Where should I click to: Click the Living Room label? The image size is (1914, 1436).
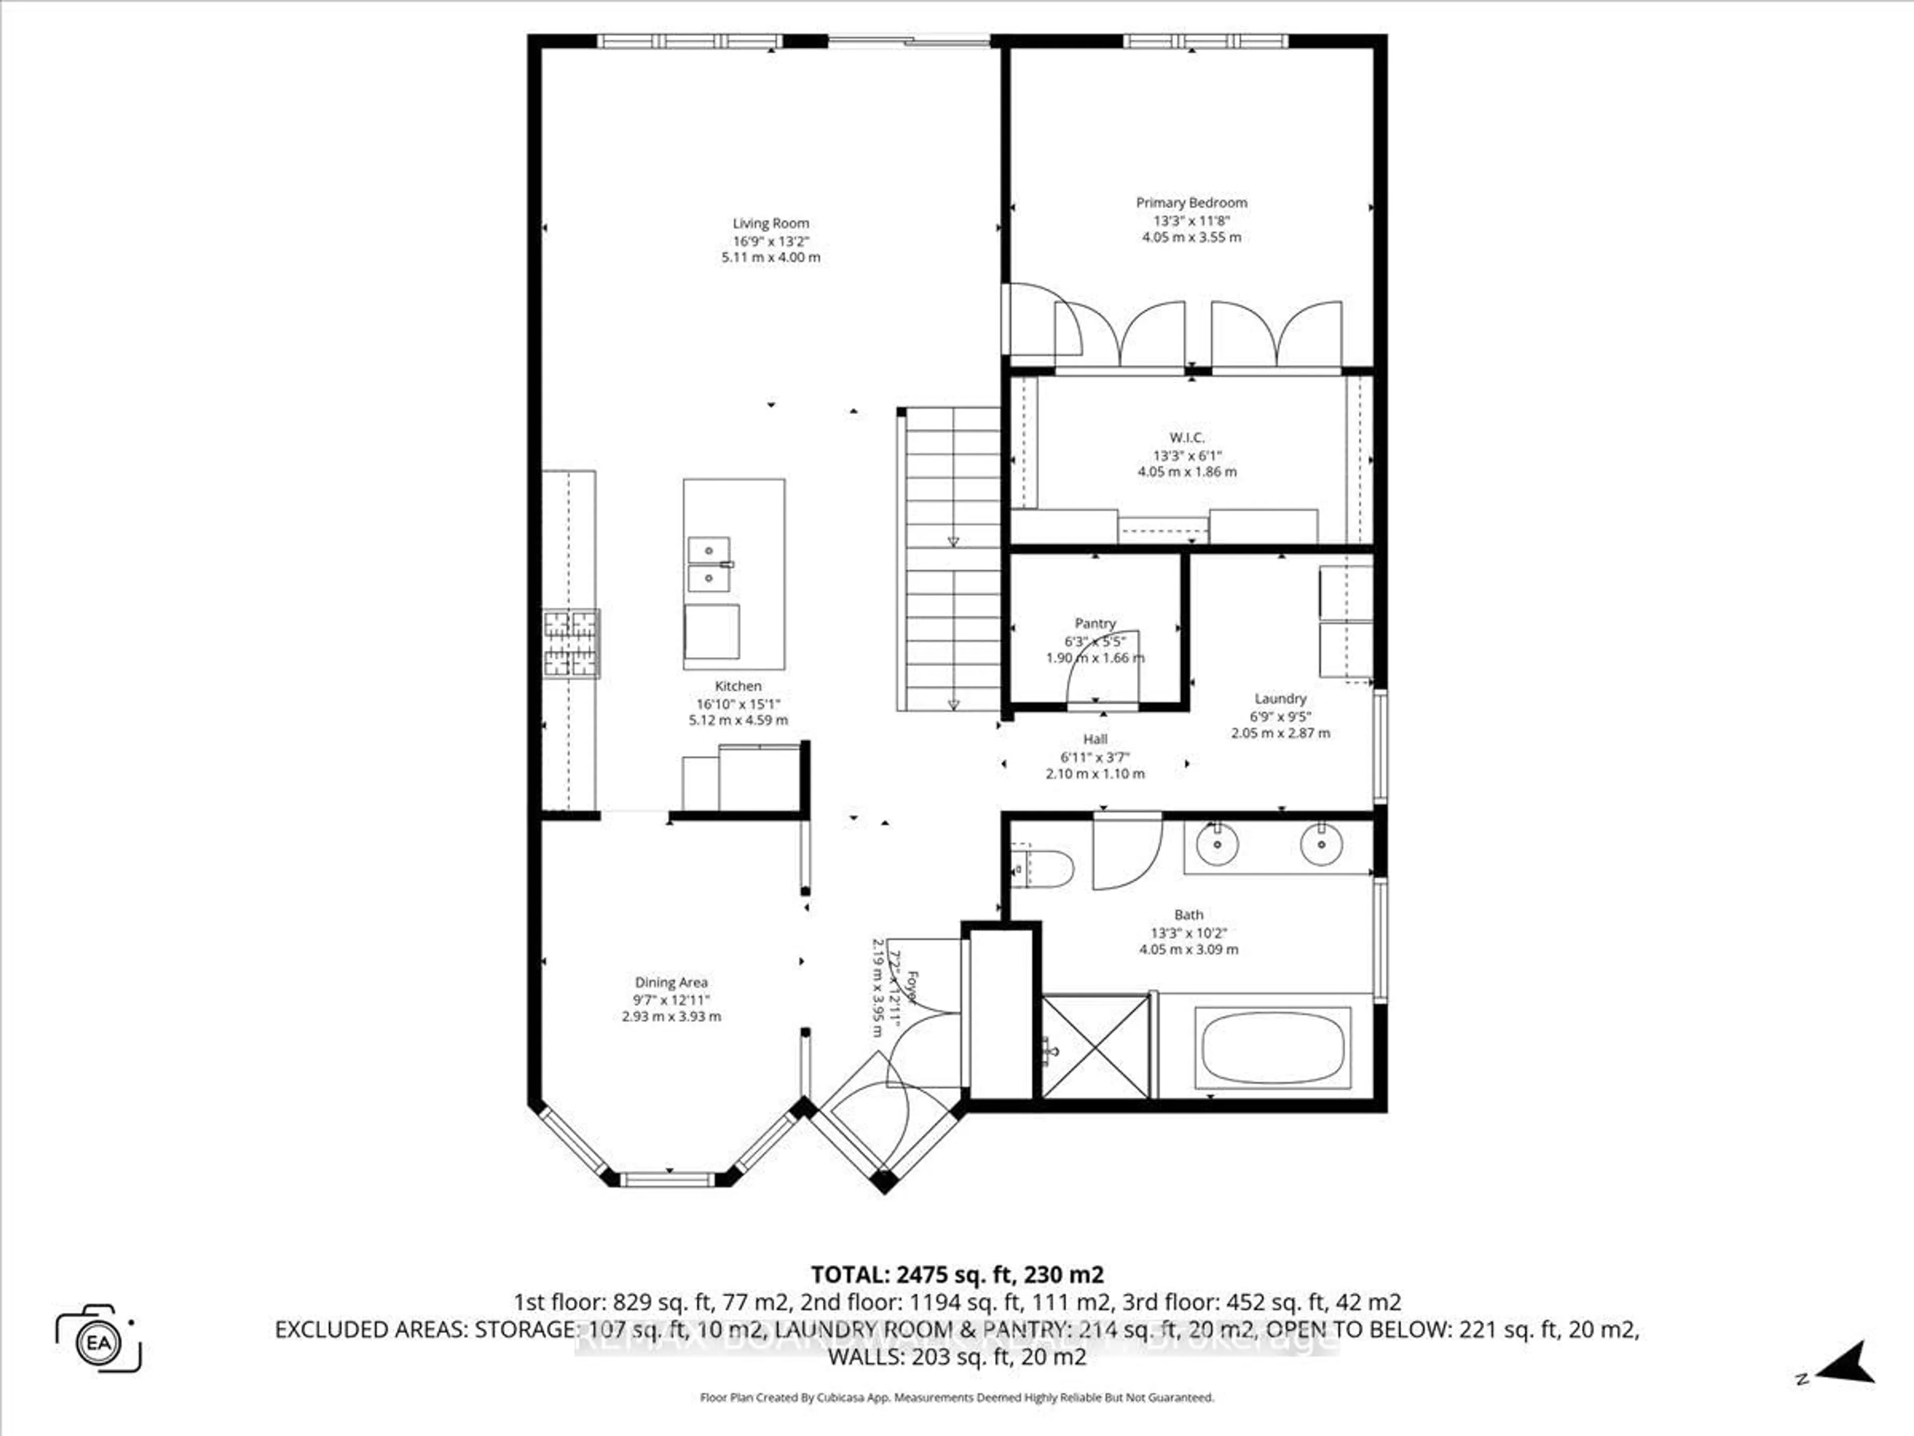click(x=770, y=223)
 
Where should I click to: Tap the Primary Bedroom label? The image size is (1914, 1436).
click(x=1191, y=202)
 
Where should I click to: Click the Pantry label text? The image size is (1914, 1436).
click(x=1096, y=623)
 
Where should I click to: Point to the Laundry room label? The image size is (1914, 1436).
click(x=1280, y=699)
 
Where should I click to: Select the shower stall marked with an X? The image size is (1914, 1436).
click(x=1096, y=1047)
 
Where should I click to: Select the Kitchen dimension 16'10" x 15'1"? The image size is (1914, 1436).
click(x=738, y=704)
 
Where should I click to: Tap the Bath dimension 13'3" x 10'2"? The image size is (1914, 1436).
click(x=1188, y=933)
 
